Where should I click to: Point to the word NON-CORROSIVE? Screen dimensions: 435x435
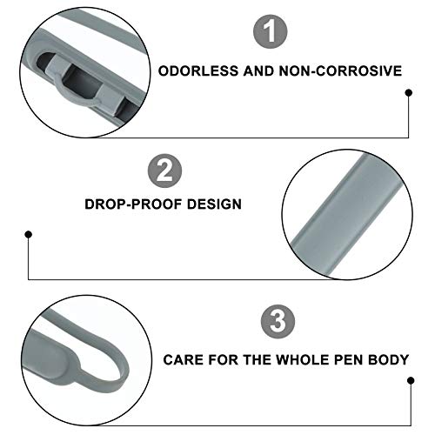pos(347,70)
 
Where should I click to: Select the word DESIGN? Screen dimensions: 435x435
pos(214,205)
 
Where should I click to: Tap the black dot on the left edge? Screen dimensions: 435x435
pos(29,233)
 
